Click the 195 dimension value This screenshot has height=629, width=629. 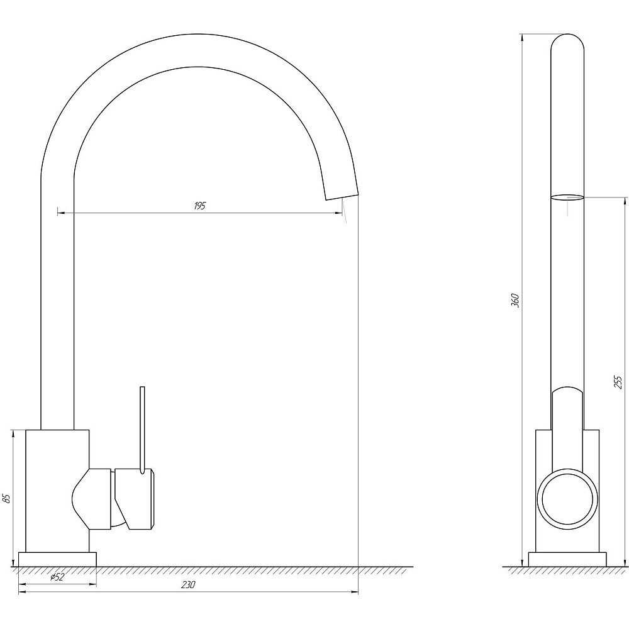[x=199, y=206]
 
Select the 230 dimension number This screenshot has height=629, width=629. [x=187, y=584]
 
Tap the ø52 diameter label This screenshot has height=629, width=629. [x=57, y=577]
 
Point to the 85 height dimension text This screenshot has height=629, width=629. [x=6, y=499]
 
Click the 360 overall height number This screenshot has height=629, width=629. [x=515, y=301]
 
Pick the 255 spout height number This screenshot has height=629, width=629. [x=618, y=382]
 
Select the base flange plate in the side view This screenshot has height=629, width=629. [x=567, y=559]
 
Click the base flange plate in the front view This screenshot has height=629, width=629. [x=57, y=559]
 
